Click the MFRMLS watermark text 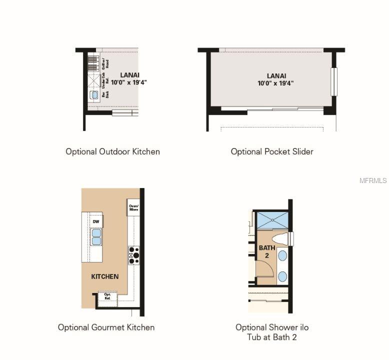(373, 180)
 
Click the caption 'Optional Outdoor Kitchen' (112, 151)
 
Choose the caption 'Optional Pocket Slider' (271, 151)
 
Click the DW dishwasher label (96, 221)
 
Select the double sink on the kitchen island (96, 236)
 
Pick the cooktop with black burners (133, 255)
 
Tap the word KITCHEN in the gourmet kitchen (105, 276)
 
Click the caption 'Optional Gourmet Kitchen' (106, 327)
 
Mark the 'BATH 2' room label (267, 251)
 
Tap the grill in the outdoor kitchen (93, 63)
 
